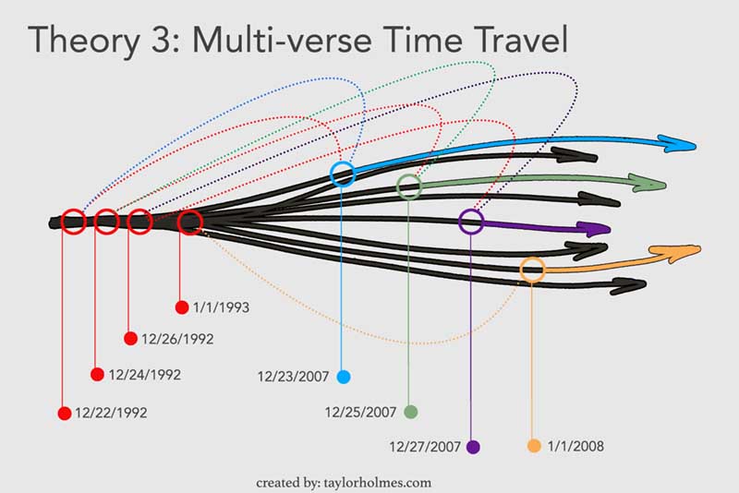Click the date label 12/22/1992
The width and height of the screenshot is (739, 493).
point(111,413)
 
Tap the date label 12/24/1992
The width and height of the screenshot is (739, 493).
point(145,375)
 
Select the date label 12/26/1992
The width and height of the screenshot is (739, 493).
point(177,339)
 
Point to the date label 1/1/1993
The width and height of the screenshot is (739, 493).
point(221,307)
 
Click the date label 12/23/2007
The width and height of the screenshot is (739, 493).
point(293,377)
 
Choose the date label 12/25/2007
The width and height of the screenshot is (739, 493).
point(360,413)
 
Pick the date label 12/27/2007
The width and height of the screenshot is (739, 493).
point(425,447)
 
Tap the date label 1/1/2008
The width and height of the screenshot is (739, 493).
point(575,446)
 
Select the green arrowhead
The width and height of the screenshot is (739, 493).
point(649,183)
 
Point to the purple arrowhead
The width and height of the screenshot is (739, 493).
point(595,229)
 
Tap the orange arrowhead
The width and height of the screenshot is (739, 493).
point(676,253)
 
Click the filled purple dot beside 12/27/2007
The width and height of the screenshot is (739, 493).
point(473,447)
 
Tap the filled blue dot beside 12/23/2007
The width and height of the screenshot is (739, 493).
point(344,377)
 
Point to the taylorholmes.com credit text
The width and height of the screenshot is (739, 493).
point(378,483)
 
